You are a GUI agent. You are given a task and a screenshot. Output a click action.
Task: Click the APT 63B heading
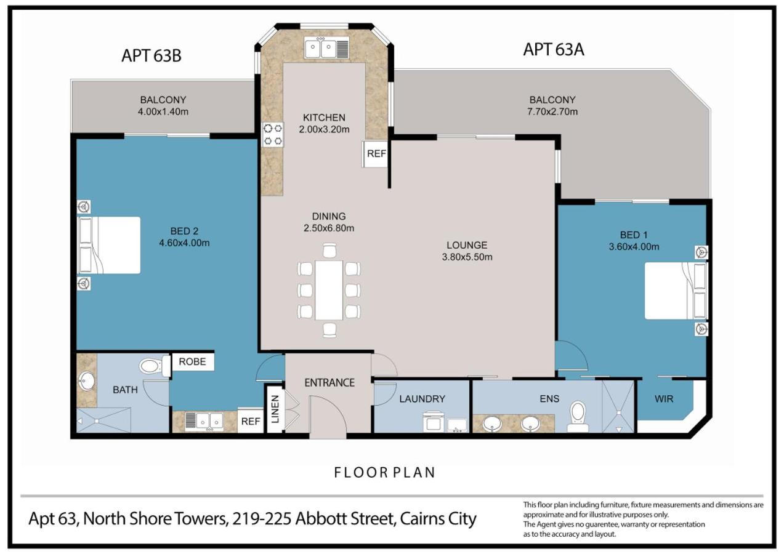152,55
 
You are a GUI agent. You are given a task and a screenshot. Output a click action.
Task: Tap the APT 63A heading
553,50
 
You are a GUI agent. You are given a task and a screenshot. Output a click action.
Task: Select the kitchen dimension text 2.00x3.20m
324,129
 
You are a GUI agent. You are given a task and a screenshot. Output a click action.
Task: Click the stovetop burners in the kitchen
273,135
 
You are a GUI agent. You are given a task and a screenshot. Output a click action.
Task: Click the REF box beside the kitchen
376,153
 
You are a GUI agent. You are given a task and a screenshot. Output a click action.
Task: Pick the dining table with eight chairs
329,291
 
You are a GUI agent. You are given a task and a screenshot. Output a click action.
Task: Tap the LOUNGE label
467,245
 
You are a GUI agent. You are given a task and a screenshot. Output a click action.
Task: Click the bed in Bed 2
109,245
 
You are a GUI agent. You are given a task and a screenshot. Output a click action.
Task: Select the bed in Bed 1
676,291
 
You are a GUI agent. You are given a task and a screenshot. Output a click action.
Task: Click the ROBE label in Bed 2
192,362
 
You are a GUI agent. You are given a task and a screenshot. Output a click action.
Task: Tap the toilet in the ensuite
578,417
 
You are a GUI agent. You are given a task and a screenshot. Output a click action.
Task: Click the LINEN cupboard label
275,409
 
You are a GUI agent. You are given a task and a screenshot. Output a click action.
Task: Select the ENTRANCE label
329,383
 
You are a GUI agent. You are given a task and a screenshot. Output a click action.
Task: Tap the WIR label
664,399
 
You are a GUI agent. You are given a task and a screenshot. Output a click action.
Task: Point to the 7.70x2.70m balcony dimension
552,112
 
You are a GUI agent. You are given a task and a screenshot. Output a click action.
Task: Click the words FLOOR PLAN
384,473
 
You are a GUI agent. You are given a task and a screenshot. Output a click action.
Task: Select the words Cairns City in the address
438,519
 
